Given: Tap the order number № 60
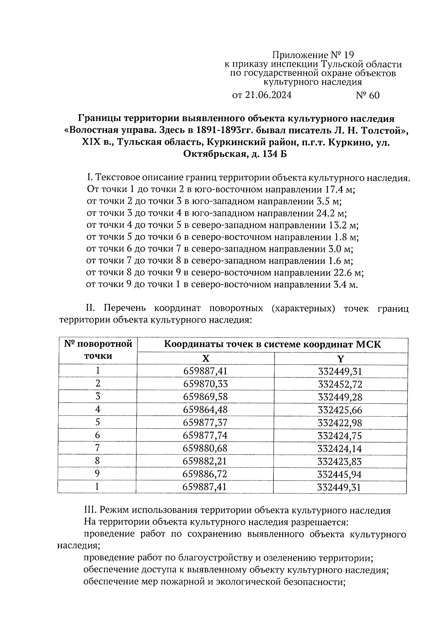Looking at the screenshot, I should click(367, 95).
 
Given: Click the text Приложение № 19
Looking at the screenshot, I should click(313, 55).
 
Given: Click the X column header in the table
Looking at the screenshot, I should click(206, 359).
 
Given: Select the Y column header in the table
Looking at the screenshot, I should click(341, 359).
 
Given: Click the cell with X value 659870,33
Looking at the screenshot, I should click(205, 384).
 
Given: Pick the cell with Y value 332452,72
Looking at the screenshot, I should click(340, 384).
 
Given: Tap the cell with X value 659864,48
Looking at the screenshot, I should click(205, 410).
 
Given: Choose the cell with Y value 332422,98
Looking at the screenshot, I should click(340, 423).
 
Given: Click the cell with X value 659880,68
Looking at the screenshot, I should click(205, 448).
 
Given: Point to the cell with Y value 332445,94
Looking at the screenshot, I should click(340, 474).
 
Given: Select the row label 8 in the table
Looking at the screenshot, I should click(98, 461).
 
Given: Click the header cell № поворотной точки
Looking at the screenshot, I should click(98, 350).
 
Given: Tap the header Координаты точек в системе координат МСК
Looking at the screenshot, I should click(272, 345).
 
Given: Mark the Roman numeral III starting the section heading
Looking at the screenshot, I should click(90, 510).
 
